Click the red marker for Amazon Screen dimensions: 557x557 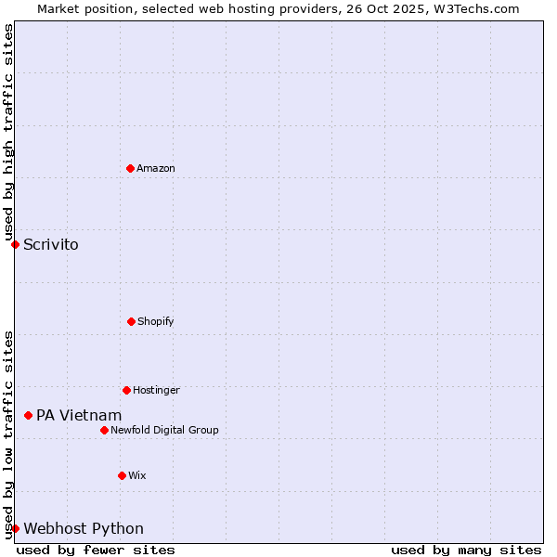pyautogui.click(x=130, y=168)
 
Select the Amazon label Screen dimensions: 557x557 pyautogui.click(x=156, y=168)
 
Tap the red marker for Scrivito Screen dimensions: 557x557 pyautogui.click(x=15, y=244)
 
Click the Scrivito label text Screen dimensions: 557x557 pyautogui.click(x=51, y=245)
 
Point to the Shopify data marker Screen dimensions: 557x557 pyautogui.click(x=131, y=321)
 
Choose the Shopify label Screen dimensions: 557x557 pyautogui.click(x=156, y=321)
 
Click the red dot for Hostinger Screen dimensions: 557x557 pyautogui.click(x=126, y=390)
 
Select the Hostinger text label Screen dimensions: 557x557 pyautogui.click(x=156, y=390)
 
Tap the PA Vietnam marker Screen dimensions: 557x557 pyautogui.click(x=28, y=415)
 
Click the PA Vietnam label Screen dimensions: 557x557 pyautogui.click(x=79, y=415)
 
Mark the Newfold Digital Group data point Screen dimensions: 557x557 pyautogui.click(x=104, y=430)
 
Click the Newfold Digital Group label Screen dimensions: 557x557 pyautogui.click(x=164, y=430)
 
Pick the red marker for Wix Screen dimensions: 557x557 pyautogui.click(x=122, y=475)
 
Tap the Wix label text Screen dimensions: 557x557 pyautogui.click(x=137, y=475)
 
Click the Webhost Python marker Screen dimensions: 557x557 pyautogui.click(x=15, y=528)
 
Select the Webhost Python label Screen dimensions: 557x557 pyautogui.click(x=84, y=529)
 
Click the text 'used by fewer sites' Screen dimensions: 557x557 pyautogui.click(x=96, y=550)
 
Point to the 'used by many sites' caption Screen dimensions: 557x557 pyautogui.click(x=466, y=550)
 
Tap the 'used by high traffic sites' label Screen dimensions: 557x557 pyautogui.click(x=8, y=133)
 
